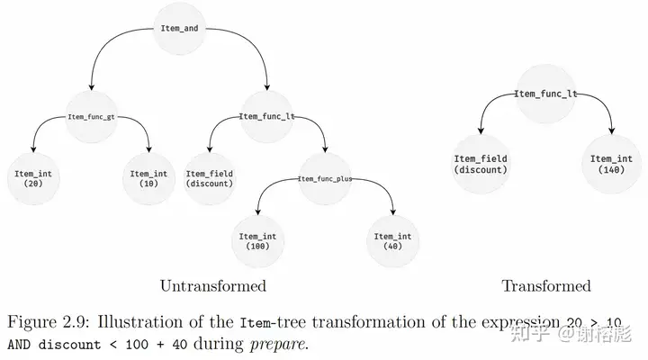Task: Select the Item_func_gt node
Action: point(94,116)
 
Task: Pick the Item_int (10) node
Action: point(148,177)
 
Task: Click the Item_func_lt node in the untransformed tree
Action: point(267,116)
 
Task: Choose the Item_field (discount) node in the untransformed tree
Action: point(209,177)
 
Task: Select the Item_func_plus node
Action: point(325,178)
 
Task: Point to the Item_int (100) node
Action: point(257,240)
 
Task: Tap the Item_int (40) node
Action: point(392,240)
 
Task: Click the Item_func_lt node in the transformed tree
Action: point(545,94)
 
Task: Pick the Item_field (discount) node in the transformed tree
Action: point(481,164)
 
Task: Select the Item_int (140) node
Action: point(612,164)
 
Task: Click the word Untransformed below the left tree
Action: point(213,286)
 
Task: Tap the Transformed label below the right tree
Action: point(545,286)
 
